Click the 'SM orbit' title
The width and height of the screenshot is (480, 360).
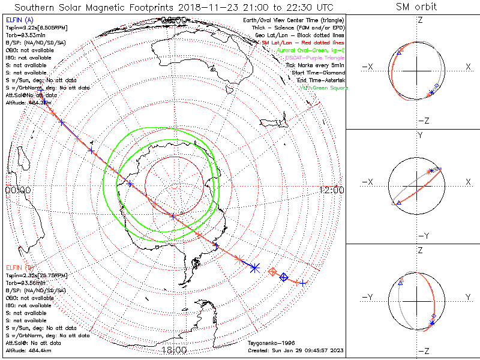[416, 7]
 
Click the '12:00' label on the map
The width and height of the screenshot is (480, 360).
[332, 190]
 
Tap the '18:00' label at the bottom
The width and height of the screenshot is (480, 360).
[174, 350]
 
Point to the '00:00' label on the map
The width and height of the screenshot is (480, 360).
[17, 190]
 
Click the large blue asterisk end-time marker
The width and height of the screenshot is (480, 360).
[255, 268]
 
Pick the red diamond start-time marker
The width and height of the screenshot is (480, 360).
[272, 272]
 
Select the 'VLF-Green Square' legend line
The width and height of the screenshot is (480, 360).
[323, 88]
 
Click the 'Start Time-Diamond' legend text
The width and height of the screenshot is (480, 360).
[319, 73]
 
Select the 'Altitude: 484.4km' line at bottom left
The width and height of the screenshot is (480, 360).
[29, 350]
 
